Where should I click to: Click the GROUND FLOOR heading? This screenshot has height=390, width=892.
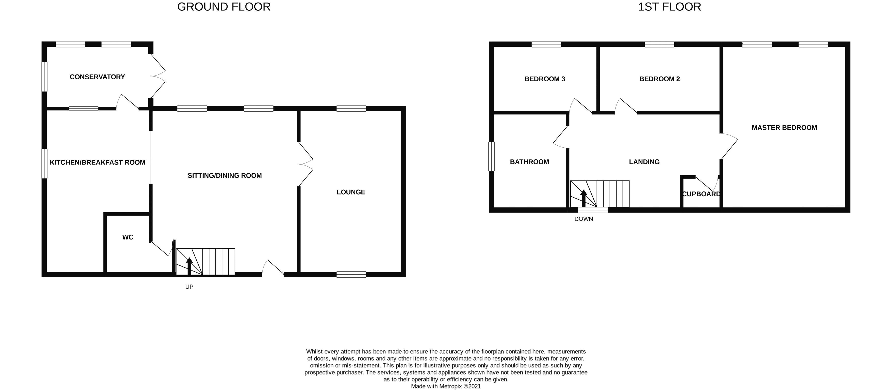click(x=224, y=7)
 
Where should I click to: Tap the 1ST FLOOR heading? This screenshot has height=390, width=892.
click(x=669, y=7)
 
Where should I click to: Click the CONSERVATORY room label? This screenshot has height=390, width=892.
click(x=97, y=77)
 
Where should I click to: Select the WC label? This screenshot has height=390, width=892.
click(x=128, y=237)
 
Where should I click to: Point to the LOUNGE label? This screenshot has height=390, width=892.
click(x=351, y=192)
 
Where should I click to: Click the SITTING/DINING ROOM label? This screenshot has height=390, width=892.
click(x=224, y=175)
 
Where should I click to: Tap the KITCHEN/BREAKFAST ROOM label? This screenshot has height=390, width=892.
click(x=97, y=162)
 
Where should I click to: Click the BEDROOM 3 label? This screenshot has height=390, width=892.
click(x=545, y=79)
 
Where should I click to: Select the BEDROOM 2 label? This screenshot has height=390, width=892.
click(x=659, y=79)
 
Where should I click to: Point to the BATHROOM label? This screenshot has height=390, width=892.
click(x=529, y=162)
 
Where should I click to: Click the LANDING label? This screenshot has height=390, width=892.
click(x=644, y=162)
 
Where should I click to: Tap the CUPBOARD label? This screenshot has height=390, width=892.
click(x=701, y=194)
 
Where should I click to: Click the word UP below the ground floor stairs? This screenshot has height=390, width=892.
click(x=189, y=287)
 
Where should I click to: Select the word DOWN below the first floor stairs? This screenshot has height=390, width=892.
click(x=583, y=219)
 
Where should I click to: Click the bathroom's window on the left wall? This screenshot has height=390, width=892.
click(x=491, y=156)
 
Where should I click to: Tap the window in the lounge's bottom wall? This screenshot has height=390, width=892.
click(x=351, y=274)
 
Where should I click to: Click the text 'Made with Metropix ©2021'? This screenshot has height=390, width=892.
click(x=446, y=386)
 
